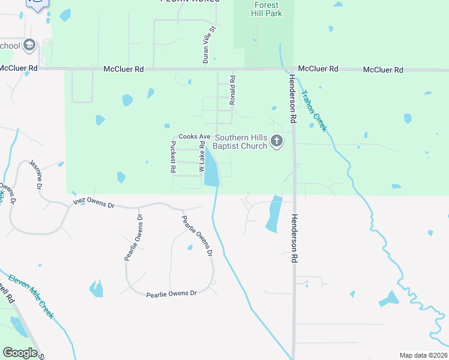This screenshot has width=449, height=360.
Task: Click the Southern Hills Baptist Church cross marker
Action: pyautogui.click(x=277, y=142)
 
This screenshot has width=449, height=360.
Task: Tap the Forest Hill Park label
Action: pyautogui.click(x=265, y=9)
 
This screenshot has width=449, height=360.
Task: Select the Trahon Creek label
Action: pyautogui.click(x=313, y=110)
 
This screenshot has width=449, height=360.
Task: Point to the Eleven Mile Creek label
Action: pyautogui.click(x=31, y=297)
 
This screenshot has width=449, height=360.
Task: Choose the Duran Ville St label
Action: pyautogui.click(x=208, y=45)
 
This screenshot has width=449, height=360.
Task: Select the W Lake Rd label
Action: pyautogui.click(x=202, y=157)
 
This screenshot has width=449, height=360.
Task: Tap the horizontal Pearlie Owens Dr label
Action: pyautogui.click(x=172, y=293)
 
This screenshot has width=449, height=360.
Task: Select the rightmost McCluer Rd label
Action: pyautogui.click(x=383, y=70)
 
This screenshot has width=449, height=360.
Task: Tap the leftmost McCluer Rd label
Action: pyautogui.click(x=18, y=68)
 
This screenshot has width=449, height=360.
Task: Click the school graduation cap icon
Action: pyautogui.click(x=29, y=46)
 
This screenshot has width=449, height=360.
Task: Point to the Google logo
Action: pyautogui.click(x=20, y=353)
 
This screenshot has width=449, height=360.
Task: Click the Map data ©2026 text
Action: pyautogui.click(x=423, y=355)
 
